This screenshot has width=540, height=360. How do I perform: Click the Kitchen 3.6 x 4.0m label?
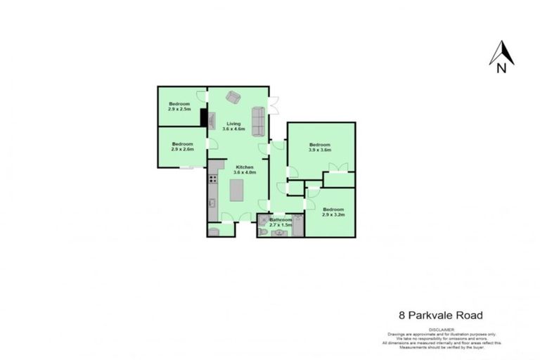(244, 169)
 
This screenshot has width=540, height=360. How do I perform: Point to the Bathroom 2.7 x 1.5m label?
(281, 222)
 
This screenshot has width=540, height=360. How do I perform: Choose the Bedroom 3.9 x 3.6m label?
(320, 147)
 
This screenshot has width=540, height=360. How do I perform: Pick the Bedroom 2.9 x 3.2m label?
(333, 212)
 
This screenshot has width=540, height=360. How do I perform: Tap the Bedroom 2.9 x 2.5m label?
(179, 107)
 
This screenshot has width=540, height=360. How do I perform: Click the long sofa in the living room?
(258, 122)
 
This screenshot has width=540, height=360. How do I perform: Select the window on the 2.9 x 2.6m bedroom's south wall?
(186, 167)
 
